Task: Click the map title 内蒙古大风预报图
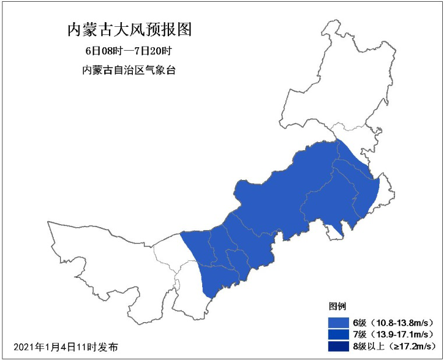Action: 129,30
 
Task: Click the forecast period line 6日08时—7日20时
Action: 129,51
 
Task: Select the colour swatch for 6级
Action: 338,323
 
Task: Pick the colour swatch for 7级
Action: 338,334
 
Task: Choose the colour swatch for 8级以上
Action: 338,347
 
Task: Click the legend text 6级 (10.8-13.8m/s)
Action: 393,323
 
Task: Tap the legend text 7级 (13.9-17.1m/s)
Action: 393,334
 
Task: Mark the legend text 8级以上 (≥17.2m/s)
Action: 393,347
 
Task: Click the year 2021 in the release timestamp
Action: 23,347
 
